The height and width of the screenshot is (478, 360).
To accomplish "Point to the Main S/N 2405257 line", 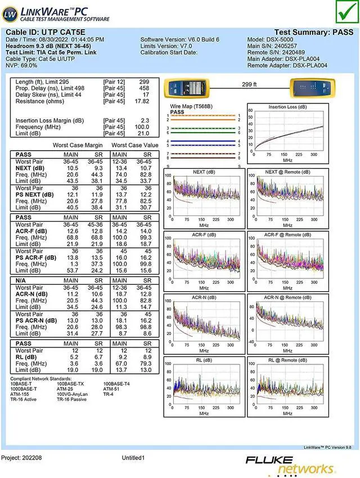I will tap(272, 46).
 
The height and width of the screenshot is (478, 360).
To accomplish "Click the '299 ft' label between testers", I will tap(249, 84).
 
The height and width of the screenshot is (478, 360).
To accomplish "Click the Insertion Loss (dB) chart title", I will tap(287, 107).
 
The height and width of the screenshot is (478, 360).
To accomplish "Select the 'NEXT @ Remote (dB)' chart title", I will tap(287, 172).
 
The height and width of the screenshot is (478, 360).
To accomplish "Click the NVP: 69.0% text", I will tap(25, 65).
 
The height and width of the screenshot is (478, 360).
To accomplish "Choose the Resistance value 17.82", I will tap(142, 101).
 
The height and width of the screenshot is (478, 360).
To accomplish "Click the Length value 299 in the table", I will tap(144, 82).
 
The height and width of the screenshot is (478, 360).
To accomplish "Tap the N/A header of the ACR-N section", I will tap(22, 279).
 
